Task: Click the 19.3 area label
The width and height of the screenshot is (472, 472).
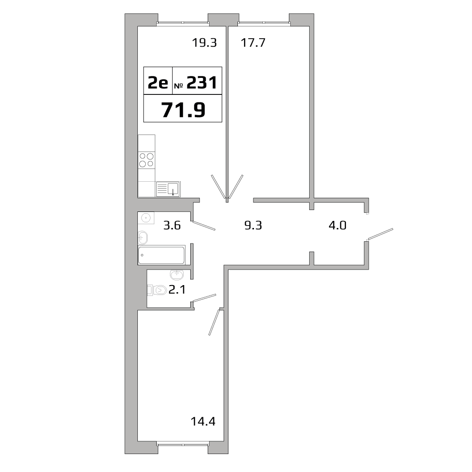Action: click(x=204, y=43)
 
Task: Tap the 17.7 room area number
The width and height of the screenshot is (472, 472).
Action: click(x=253, y=43)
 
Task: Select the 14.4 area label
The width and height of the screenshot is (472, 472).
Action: click(x=203, y=421)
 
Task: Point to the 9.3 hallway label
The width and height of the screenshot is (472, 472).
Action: click(x=253, y=225)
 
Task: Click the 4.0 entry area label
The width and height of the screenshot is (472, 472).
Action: click(x=337, y=225)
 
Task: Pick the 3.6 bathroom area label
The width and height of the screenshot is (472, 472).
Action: click(x=172, y=225)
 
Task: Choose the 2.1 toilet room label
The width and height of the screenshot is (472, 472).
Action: click(x=177, y=290)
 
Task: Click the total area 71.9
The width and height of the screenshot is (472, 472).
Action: click(x=183, y=110)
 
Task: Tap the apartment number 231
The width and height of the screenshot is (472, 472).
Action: click(x=202, y=83)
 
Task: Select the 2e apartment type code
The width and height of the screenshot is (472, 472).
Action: click(x=158, y=83)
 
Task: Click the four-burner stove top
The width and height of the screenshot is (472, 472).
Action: click(x=146, y=160)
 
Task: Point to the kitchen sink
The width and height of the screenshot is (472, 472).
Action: click(x=169, y=189)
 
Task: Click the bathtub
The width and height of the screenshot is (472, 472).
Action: click(x=161, y=255)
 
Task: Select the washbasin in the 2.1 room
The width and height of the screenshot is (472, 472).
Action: click(x=177, y=274)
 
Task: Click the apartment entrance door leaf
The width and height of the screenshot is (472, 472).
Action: click(x=380, y=234)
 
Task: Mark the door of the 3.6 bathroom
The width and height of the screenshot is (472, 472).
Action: click(x=204, y=226)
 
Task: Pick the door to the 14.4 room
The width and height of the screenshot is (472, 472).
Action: click(x=215, y=322)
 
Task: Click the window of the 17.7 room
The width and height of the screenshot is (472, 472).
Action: click(x=264, y=23)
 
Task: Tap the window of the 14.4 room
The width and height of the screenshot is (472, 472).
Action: click(x=183, y=443)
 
